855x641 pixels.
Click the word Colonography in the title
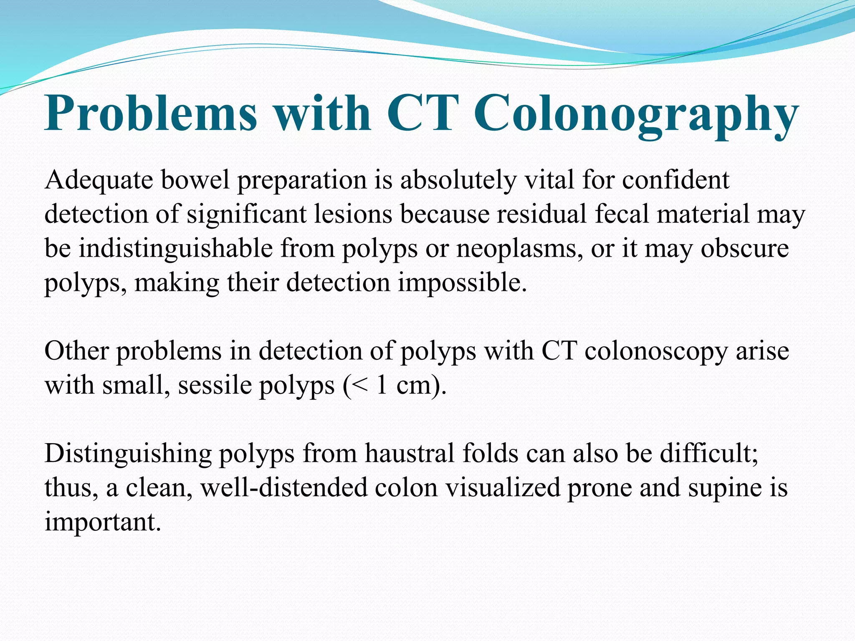pos(635,114)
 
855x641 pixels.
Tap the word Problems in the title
pos(151,114)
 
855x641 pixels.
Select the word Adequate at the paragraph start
pos(99,181)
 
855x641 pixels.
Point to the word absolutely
pos(458,180)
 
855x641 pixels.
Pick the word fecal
pos(622,215)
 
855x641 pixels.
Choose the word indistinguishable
pos(175,249)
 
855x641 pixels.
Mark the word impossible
pos(462,283)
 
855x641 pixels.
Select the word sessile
pos(214,385)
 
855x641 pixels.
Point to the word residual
pos(541,215)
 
